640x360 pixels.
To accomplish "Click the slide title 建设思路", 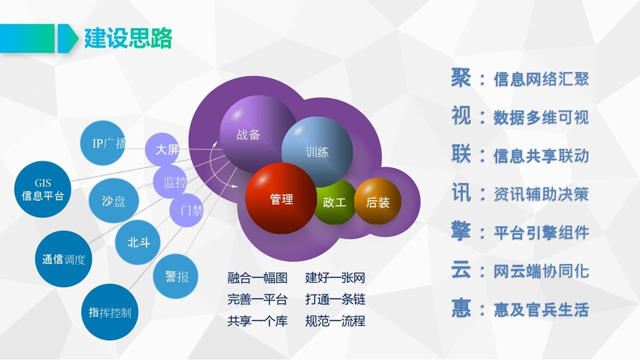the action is pos(128,39).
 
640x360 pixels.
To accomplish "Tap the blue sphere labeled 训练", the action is pos(317,152).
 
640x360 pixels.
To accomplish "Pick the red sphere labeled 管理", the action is pos(281,199).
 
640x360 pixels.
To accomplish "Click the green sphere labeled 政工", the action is pos(335,202).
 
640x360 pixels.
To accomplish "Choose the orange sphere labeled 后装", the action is pos(377,202).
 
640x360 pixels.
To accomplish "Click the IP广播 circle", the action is pos(103,143).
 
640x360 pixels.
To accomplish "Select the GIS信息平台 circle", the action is pos(42,190).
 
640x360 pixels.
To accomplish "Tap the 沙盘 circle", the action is pos(113,201).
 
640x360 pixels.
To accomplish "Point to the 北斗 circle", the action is pos(138,242).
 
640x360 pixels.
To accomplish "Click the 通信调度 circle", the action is pos(63,259).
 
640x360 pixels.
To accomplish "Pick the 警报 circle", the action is pos(176,277).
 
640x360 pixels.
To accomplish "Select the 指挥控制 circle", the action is pos(110,312).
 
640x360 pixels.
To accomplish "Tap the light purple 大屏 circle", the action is pos(163,150).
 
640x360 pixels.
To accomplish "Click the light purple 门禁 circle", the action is pos(186,210).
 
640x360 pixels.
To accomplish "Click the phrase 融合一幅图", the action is pos(257,278).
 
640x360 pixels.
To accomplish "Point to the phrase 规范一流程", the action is pos(335,321).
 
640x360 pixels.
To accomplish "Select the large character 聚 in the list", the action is pos(461,77).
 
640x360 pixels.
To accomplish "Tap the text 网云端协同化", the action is pos(541,271).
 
